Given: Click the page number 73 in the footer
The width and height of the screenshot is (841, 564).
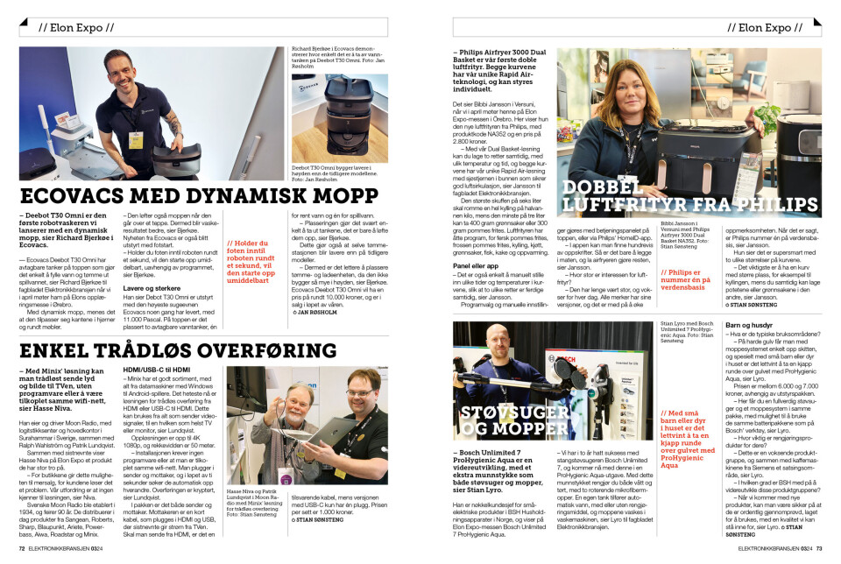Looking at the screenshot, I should point(817,549).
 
